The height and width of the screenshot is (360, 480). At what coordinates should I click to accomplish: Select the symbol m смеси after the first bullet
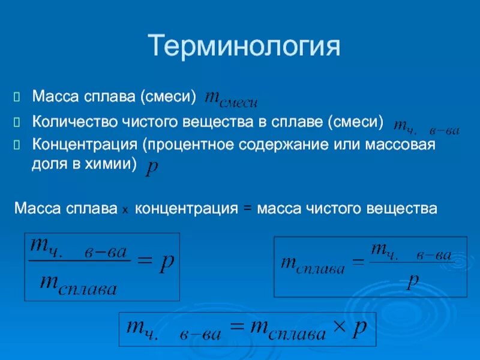pos(232,98)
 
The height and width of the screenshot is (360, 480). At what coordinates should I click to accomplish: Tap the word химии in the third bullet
pos(110,164)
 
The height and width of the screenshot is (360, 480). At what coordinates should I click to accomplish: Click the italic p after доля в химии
pos(152,170)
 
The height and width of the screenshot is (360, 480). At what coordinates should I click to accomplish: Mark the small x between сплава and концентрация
pos(125,211)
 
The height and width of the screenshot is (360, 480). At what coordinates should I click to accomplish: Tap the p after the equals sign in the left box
pos(166,264)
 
